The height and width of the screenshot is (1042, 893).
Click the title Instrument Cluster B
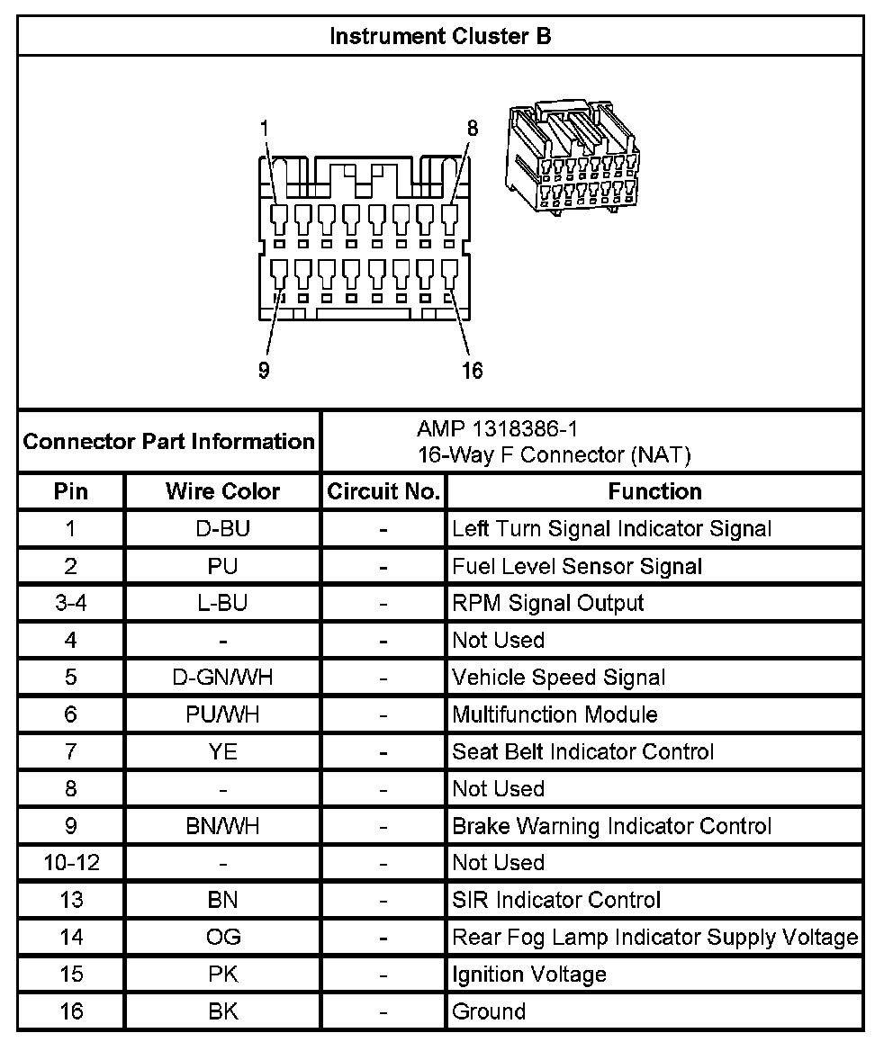point(440,37)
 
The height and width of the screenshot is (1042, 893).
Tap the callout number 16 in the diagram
point(473,371)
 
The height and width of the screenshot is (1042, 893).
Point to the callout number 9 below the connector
point(264,371)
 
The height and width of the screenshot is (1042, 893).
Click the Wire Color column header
point(222,491)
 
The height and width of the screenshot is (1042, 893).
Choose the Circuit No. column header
point(383,491)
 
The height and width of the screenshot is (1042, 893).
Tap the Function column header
point(654,491)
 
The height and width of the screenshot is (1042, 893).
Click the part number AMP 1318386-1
point(492,428)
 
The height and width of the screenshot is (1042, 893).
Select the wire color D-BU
point(222,529)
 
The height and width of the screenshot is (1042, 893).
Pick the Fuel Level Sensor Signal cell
point(577,566)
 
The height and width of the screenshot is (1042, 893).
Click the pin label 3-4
point(71,603)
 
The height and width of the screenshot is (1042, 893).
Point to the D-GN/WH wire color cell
point(222,677)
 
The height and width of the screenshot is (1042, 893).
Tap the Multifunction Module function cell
point(555,714)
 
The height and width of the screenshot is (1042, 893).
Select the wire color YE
point(222,751)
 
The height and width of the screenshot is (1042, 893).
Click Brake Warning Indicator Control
point(611,825)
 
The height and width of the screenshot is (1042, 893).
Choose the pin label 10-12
point(71,863)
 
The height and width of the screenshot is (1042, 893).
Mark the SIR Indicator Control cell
point(556,900)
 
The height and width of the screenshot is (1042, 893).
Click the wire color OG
point(222,937)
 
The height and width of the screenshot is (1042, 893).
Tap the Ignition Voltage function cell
point(529,975)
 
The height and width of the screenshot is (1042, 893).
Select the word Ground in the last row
point(489,1011)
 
